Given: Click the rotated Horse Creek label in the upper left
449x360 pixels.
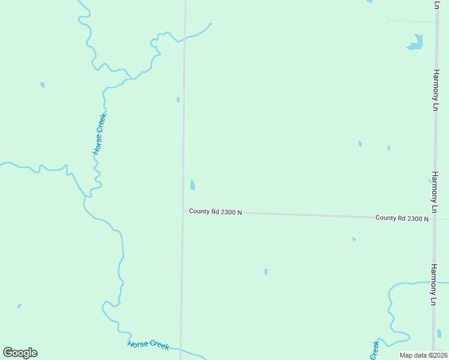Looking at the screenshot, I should coord(100,134).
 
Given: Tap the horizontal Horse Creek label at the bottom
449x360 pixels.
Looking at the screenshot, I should coord(148,344).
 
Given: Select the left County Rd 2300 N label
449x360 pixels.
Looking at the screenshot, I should coord(215,211).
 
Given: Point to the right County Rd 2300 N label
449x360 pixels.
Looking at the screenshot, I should coord(402,218).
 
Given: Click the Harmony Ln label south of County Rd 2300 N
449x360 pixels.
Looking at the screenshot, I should coord(434,285).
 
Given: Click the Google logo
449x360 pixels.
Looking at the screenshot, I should coord(20,353).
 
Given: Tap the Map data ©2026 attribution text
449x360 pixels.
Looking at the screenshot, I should coord(424,355).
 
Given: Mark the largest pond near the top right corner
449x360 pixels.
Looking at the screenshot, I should coord(415,43).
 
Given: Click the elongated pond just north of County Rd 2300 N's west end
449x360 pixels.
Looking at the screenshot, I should coord(192,185).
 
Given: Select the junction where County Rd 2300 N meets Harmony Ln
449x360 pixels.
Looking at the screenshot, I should coord(435,218).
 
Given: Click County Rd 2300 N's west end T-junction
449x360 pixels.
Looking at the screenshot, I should coord(182,211).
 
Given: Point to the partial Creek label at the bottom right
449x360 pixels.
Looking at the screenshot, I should coord(375,350).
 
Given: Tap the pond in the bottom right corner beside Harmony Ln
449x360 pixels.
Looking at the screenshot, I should coord(439,333).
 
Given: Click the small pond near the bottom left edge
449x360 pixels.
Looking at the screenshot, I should coord(19,306).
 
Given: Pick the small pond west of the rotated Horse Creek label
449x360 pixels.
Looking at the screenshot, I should coord(42,85).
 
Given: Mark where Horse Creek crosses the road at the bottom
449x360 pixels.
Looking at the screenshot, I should coord(180,348).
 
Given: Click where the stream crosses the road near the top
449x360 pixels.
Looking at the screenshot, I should coord(184,38).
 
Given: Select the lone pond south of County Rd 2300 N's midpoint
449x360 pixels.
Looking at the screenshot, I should coord(266,271).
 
